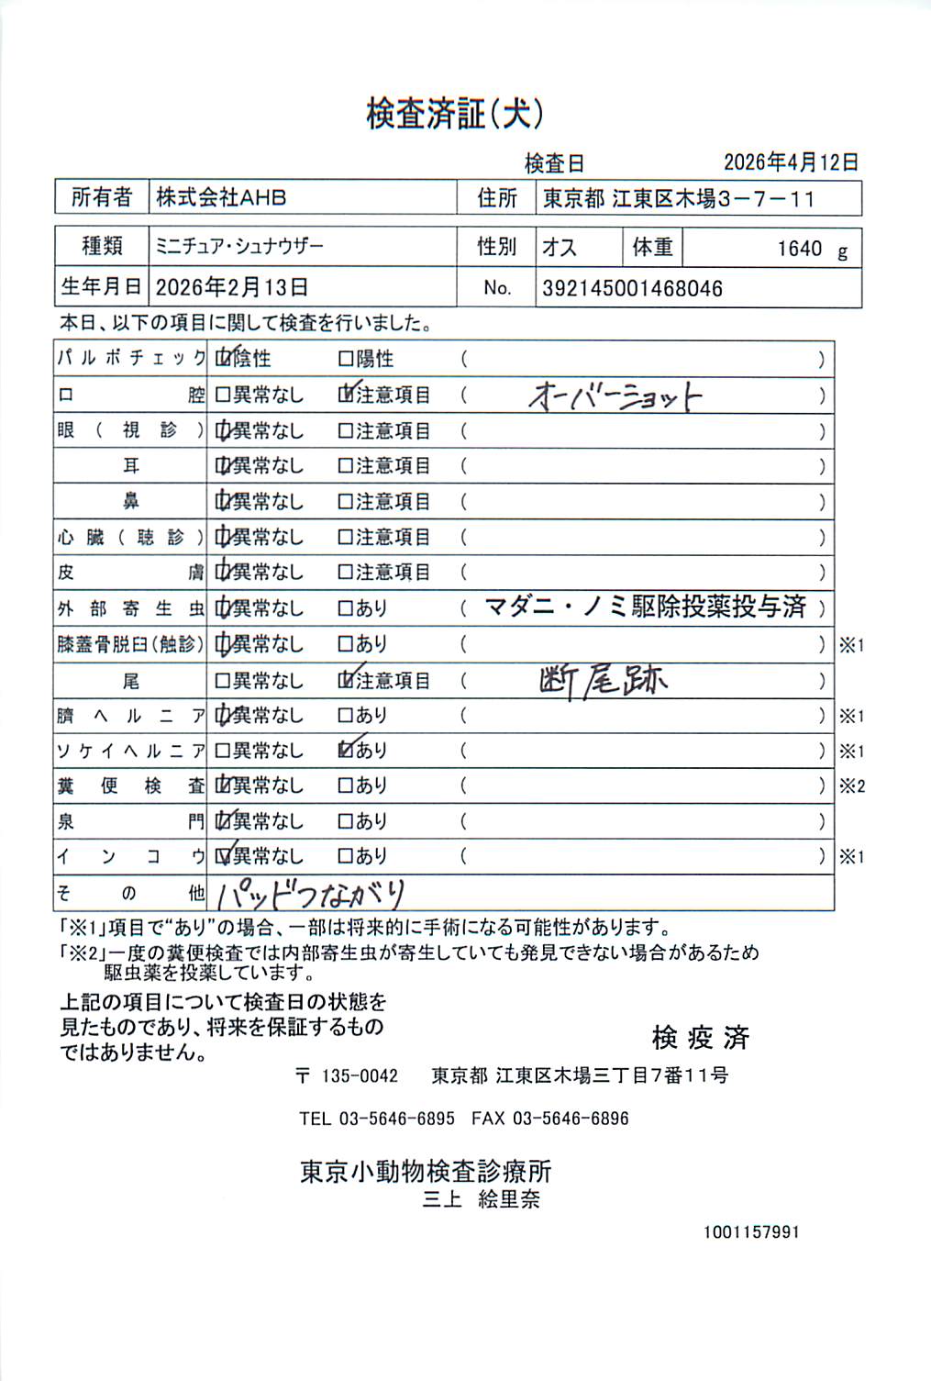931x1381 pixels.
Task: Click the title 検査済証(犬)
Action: pos(456,115)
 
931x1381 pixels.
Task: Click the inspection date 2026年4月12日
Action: pos(791,162)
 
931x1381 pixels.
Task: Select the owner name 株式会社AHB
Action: pos(221,197)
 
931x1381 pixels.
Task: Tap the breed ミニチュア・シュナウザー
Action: pos(239,247)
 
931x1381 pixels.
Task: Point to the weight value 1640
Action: pos(800,249)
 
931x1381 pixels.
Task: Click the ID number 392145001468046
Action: pos(632,288)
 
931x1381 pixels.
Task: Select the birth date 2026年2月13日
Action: pos(231,287)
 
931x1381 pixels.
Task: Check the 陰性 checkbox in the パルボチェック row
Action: pos(223,359)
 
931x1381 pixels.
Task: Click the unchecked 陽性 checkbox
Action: pos(346,359)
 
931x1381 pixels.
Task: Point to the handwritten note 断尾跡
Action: pos(603,680)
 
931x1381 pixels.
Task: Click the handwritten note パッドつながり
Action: pos(311,893)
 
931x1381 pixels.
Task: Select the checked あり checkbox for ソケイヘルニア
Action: pos(346,751)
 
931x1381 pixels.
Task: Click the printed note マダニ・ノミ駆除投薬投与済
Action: pos(645,607)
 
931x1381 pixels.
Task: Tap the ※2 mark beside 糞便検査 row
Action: pos(852,786)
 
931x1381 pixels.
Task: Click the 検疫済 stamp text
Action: pos(701,1038)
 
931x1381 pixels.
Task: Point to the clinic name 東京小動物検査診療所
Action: pos(426,1172)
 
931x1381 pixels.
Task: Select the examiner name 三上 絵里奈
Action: pos(481,1199)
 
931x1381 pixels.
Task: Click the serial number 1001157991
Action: pos(751,1232)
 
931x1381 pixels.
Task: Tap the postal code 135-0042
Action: pos(360,1076)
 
